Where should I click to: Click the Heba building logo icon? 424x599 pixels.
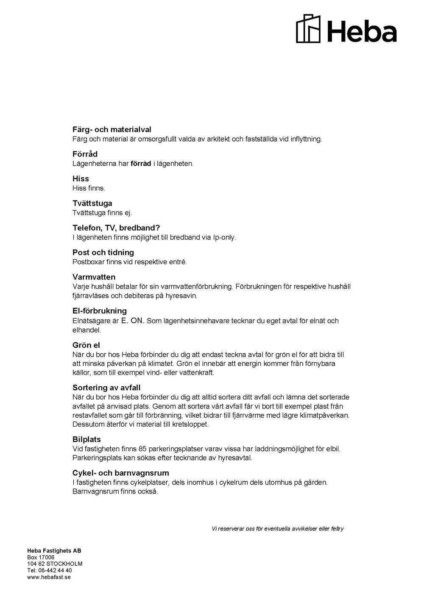click(308, 28)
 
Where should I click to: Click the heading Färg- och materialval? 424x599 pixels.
click(112, 130)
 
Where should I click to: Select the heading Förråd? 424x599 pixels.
click(85, 154)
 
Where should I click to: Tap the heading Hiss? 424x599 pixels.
click(81, 179)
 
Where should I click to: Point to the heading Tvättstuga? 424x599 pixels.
click(92, 203)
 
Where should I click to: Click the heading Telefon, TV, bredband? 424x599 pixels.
click(116, 228)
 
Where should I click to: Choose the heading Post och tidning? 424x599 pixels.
click(103, 252)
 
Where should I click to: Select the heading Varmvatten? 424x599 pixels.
click(94, 277)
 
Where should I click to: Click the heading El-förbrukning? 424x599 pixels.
click(100, 311)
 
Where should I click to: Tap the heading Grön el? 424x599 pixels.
click(86, 345)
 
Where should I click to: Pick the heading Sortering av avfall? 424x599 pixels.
click(106, 388)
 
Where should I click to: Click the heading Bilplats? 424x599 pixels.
click(86, 440)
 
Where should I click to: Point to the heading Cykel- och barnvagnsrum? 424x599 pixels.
click(121, 473)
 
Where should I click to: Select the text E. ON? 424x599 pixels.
click(133, 321)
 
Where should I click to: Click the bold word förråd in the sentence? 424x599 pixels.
click(141, 164)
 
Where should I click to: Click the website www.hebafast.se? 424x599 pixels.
click(49, 577)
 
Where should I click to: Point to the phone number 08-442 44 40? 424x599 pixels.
click(55, 570)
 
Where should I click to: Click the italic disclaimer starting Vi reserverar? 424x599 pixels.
click(277, 529)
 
